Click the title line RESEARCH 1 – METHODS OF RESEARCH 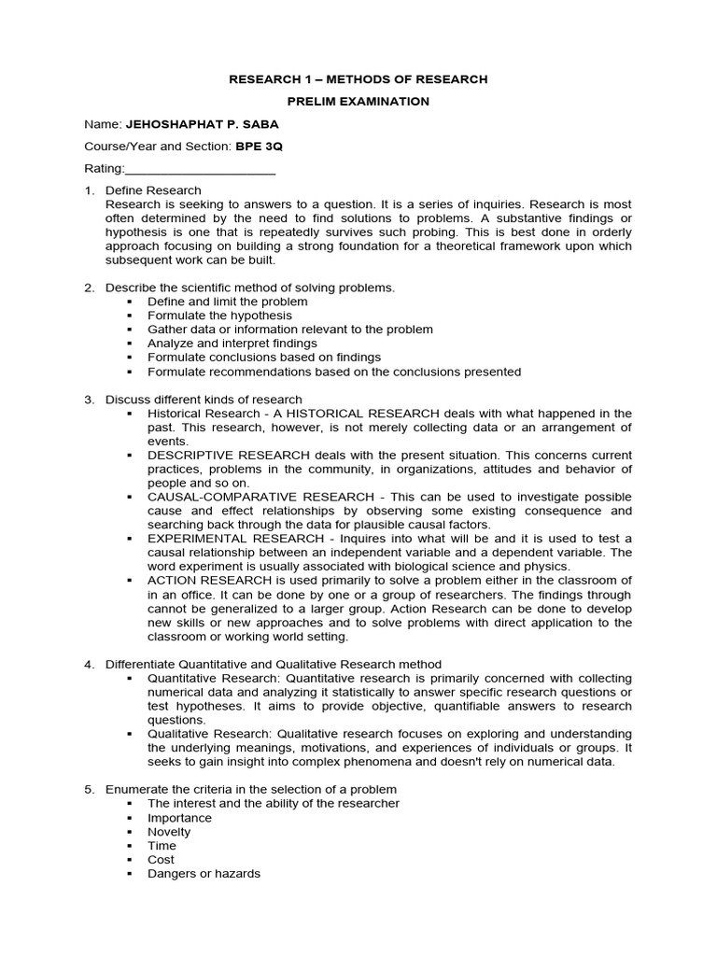[358, 79]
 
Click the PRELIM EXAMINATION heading [358, 101]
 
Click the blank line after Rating [200, 169]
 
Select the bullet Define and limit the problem [227, 302]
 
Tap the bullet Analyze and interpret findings [232, 344]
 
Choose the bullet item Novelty [169, 832]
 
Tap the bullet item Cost [161, 860]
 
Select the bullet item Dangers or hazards [204, 874]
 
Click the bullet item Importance [179, 818]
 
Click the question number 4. [89, 664]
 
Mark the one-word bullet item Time [162, 846]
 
